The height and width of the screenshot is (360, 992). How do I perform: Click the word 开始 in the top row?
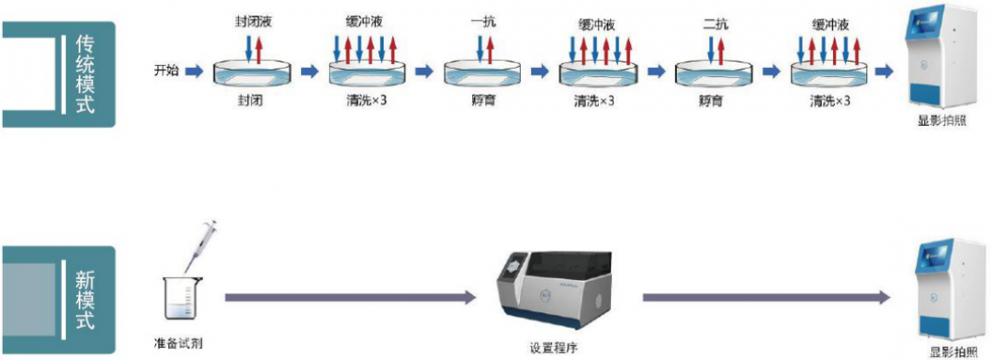coord(167,71)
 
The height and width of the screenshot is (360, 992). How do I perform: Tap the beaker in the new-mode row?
coord(181,299)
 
